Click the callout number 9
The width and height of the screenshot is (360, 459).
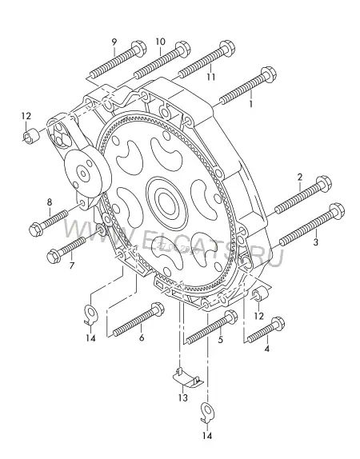click(114, 42)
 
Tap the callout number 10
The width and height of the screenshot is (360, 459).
click(160, 42)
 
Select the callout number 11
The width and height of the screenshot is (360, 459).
click(211, 77)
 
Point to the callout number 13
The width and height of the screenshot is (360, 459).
click(182, 397)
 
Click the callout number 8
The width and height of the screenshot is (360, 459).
click(50, 202)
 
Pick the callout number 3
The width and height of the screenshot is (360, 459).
click(315, 242)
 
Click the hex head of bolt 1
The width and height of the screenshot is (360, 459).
click(268, 74)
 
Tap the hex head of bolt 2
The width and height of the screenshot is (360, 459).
click(324, 184)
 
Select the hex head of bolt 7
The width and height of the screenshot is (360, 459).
click(54, 256)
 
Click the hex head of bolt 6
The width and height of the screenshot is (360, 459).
click(157, 309)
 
